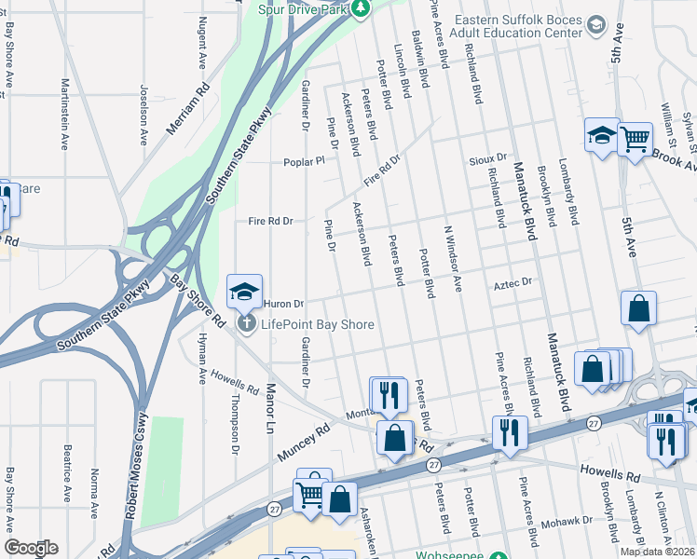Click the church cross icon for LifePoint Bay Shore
(x=246, y=324)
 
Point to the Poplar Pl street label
(x=305, y=160)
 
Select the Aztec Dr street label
(x=512, y=281)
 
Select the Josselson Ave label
(x=143, y=117)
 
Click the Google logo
(x=31, y=548)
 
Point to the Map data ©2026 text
(x=657, y=552)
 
